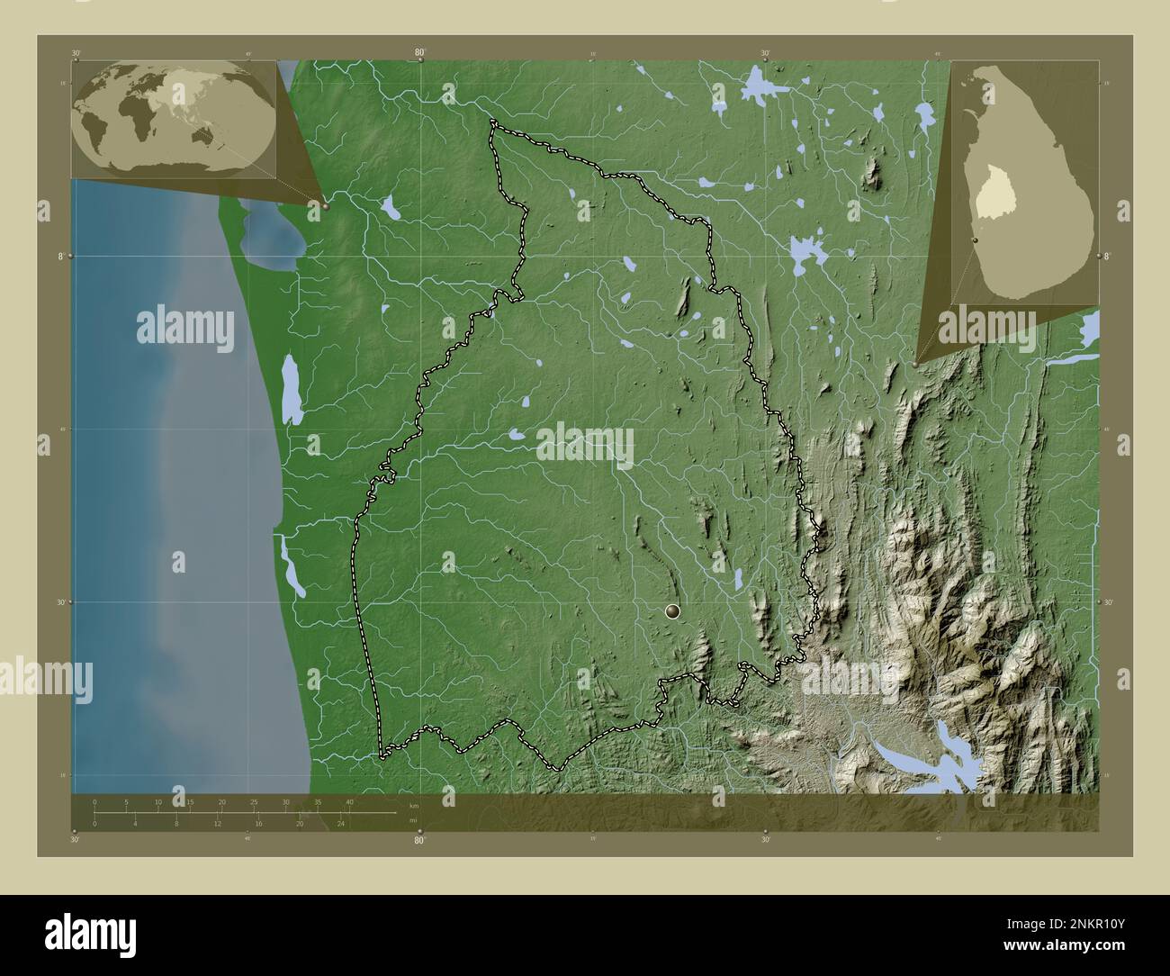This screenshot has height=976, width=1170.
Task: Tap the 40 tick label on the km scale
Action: [x=349, y=801]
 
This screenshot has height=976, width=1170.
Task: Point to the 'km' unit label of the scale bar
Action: [x=413, y=806]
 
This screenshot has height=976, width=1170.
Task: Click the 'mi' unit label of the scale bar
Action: [x=412, y=819]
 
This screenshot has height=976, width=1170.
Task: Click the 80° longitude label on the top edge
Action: [x=419, y=53]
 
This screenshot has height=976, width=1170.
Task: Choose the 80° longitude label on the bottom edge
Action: [x=419, y=841]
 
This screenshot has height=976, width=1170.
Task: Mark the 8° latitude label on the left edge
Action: [x=61, y=257]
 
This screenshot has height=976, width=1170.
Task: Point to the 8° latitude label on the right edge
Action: [x=1106, y=257]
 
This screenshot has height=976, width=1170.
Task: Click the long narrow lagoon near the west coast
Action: [x=291, y=389]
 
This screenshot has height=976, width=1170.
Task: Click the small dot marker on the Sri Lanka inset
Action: [x=975, y=240]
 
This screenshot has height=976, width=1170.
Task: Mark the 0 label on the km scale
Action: [x=94, y=801]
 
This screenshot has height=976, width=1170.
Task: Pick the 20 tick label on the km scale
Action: [x=221, y=801]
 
